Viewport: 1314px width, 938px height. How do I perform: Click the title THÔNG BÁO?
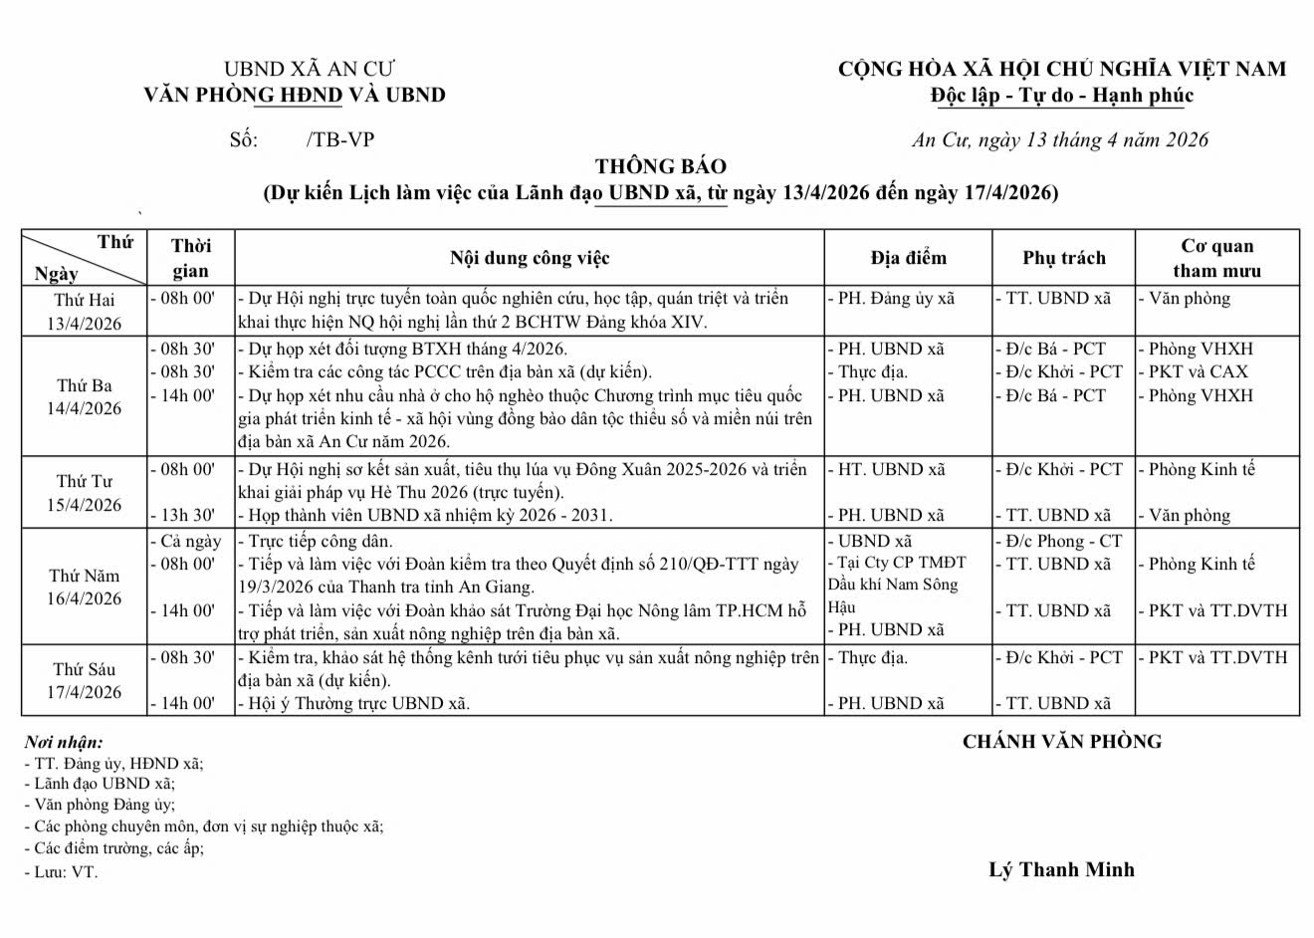[x=661, y=166]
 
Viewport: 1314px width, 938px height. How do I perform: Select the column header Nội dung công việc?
[x=529, y=258]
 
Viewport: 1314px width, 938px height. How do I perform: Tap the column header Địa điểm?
[x=908, y=258]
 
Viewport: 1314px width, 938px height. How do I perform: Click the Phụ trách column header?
[x=1064, y=258]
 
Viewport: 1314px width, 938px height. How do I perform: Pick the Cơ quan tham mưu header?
[x=1216, y=258]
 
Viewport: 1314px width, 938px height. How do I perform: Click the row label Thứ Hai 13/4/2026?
[x=85, y=311]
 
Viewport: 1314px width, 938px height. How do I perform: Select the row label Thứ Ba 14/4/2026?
[x=85, y=396]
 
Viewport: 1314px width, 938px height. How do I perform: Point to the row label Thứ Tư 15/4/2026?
[x=85, y=493]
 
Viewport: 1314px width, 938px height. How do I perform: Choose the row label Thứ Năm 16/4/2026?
[x=85, y=586]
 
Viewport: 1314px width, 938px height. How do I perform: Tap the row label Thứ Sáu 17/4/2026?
[x=85, y=680]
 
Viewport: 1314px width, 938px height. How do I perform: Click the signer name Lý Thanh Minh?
[x=1061, y=869]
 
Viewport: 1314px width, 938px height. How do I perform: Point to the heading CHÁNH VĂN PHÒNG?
[x=1061, y=741]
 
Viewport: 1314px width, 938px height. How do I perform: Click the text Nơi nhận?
[x=64, y=742]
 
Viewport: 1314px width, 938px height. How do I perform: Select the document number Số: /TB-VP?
[x=302, y=139]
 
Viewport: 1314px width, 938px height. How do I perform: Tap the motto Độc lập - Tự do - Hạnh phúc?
[x=1061, y=96]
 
